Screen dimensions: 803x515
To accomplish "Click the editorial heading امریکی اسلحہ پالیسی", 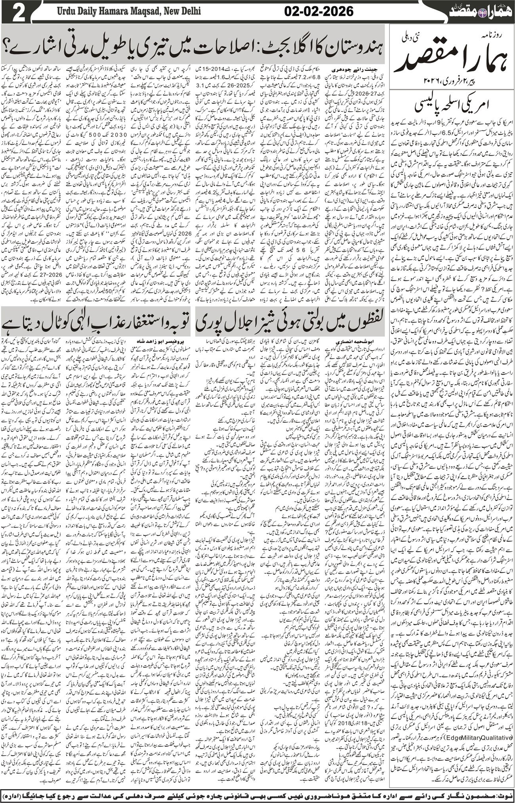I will (451, 106).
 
